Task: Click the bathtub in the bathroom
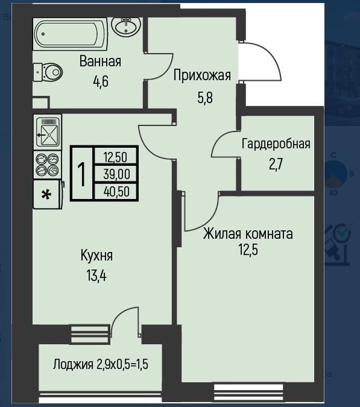point(70,34)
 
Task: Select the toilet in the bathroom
point(48,72)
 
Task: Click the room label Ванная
point(100,62)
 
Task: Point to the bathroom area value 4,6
point(101,81)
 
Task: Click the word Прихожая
point(202,76)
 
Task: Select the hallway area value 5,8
point(205,98)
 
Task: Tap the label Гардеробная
point(276,144)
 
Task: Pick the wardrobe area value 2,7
point(276,165)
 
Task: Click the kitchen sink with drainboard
point(48,132)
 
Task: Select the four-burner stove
point(48,165)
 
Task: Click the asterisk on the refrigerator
point(46,194)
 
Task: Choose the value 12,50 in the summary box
point(115,157)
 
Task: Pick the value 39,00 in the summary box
point(116,174)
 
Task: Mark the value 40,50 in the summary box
point(116,192)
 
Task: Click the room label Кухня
point(96,256)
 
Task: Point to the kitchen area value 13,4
point(96,276)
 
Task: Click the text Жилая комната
point(248,233)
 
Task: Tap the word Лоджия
point(73,364)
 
